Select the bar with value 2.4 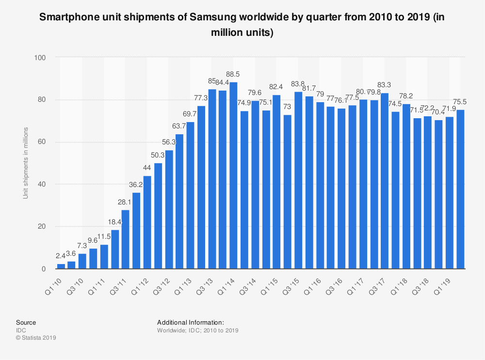tap(61, 266)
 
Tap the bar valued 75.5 tap(460, 189)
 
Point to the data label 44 tap(147, 168)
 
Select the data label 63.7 tap(179, 126)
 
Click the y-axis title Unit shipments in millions tap(25, 163)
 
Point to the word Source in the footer tap(26, 322)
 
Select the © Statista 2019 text tap(36, 338)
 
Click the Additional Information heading tap(191, 322)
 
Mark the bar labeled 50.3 tap(158, 216)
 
